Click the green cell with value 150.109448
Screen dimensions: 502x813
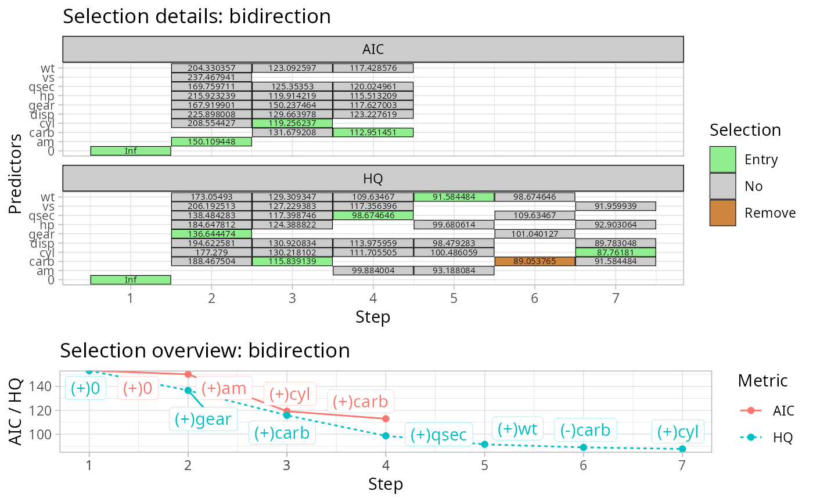[211, 142]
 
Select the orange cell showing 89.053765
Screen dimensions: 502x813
[534, 261]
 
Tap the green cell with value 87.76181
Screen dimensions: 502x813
[615, 252]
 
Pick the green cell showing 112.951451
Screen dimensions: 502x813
[373, 132]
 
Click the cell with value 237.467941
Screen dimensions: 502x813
[211, 77]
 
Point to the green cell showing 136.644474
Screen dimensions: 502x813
[211, 234]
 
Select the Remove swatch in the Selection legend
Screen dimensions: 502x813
[722, 213]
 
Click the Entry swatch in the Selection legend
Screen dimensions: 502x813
[722, 159]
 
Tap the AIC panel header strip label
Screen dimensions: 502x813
[373, 49]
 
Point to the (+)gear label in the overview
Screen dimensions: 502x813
[203, 418]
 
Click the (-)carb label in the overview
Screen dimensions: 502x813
[585, 430]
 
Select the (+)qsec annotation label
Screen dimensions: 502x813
[438, 435]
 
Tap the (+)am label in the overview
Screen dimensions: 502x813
[224, 388]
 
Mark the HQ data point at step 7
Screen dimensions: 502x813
[682, 449]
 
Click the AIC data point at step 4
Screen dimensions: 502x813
[386, 418]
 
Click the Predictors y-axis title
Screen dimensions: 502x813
[17, 174]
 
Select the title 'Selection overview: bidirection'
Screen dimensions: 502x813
[205, 351]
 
